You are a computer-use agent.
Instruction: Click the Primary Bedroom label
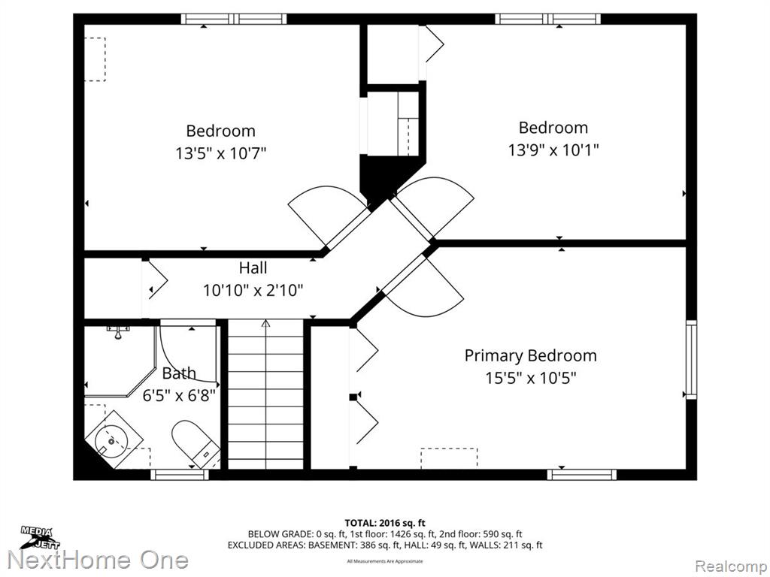click(530, 355)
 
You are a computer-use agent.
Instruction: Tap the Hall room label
click(253, 268)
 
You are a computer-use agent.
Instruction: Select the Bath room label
click(179, 373)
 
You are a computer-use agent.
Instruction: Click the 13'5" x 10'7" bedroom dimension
click(221, 153)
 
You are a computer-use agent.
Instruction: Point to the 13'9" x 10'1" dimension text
click(553, 150)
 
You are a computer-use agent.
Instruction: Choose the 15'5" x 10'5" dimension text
click(530, 379)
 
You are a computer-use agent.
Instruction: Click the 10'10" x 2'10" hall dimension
click(253, 291)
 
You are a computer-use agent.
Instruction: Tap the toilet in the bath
click(196, 443)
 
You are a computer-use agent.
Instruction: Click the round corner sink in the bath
click(111, 441)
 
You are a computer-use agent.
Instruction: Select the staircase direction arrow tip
click(265, 320)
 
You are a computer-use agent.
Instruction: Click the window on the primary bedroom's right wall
click(691, 359)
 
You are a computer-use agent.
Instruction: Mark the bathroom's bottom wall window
click(179, 475)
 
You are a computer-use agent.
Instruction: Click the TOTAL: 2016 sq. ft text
click(384, 523)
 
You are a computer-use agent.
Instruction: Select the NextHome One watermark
click(99, 560)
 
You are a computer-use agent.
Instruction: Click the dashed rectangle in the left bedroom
click(95, 59)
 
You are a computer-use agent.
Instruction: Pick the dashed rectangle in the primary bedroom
click(449, 458)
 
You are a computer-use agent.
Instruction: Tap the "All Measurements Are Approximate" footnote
click(384, 561)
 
